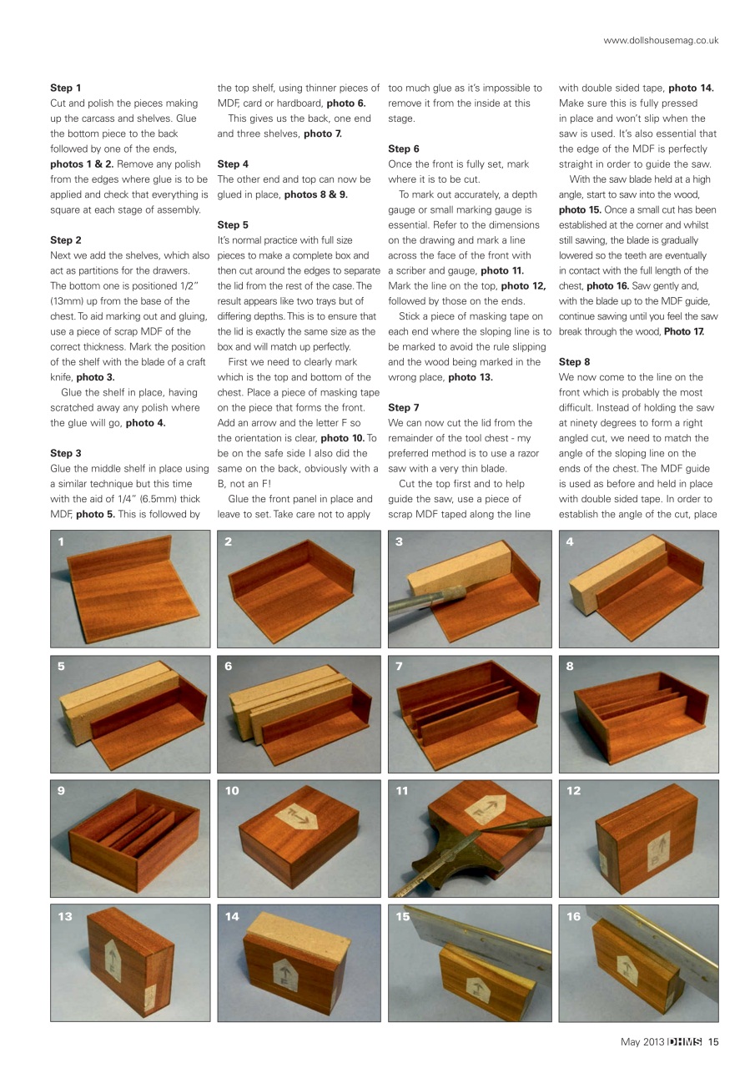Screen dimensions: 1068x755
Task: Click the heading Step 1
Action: [66, 88]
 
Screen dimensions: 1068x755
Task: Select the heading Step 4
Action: [233, 164]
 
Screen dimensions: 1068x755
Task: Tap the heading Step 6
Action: [404, 149]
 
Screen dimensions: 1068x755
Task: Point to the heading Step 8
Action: [574, 362]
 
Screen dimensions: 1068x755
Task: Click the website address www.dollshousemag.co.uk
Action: [661, 40]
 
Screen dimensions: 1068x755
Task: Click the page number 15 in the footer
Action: [713, 1040]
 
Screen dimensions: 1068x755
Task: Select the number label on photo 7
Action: [399, 666]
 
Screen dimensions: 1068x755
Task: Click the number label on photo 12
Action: [573, 791]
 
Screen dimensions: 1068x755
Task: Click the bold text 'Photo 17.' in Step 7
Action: [684, 332]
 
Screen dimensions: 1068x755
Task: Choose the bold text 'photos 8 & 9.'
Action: [315, 194]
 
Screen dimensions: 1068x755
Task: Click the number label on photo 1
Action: [60, 542]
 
